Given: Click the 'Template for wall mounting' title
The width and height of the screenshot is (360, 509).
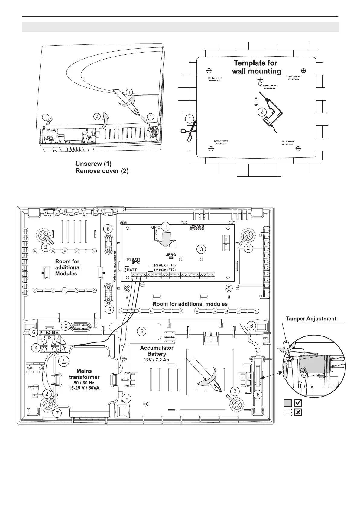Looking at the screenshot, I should pyautogui.click(x=256, y=67).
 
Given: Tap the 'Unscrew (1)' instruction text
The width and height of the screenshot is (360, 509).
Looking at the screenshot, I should pyautogui.click(x=93, y=164).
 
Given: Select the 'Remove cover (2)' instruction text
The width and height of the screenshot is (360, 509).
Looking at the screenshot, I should pyautogui.click(x=102, y=171).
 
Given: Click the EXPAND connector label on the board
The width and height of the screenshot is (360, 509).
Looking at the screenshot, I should pyautogui.click(x=196, y=226).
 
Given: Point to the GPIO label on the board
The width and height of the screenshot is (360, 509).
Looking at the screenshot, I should pyautogui.click(x=156, y=227).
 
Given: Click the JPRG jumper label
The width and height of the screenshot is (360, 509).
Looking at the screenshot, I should pyautogui.click(x=171, y=255).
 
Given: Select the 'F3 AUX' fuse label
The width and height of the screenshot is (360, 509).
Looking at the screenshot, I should pyautogui.click(x=160, y=265).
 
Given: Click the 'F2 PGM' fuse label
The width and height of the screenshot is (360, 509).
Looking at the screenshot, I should pyautogui.click(x=160, y=270).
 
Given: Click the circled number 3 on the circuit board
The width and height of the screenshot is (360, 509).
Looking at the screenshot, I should pyautogui.click(x=201, y=249).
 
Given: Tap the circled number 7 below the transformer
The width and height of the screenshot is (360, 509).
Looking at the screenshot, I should pyautogui.click(x=57, y=413).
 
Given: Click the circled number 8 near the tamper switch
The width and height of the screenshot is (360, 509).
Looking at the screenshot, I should pyautogui.click(x=258, y=394).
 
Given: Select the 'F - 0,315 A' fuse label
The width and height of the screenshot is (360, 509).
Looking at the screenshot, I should pyautogui.click(x=49, y=333).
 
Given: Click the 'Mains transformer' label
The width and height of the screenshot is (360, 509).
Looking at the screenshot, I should pyautogui.click(x=84, y=374).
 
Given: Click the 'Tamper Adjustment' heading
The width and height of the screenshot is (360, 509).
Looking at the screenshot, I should pyautogui.click(x=311, y=319).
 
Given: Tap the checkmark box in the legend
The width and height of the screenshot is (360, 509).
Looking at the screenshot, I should pyautogui.click(x=298, y=403).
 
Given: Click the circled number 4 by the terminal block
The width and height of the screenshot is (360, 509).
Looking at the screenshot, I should pyautogui.click(x=36, y=348).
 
